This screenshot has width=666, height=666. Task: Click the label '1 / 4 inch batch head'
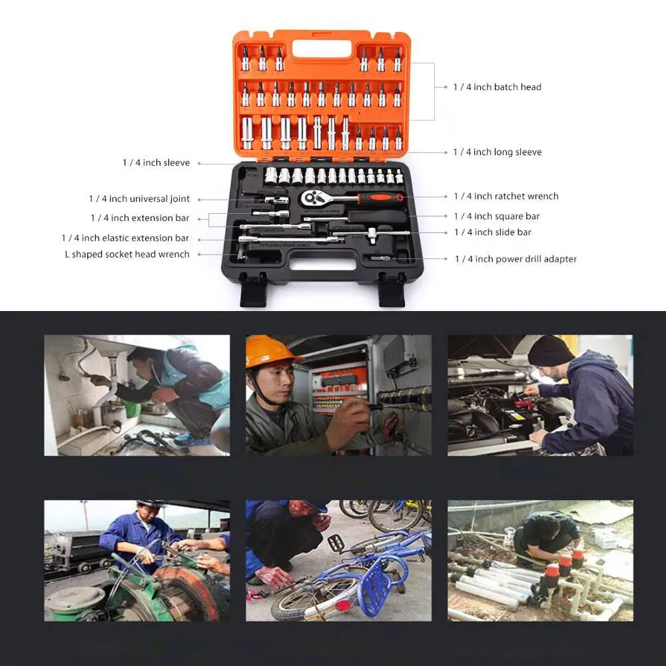coord(497,87)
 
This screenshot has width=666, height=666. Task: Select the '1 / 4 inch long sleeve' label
coord(497,153)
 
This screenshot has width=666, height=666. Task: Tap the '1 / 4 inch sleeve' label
coord(156,163)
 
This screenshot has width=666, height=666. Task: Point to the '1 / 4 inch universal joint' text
coord(139,199)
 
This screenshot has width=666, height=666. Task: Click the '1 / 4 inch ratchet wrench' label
coord(505,196)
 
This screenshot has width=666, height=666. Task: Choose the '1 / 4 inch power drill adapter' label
coord(515,259)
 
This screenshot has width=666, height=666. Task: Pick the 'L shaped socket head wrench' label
coord(127,254)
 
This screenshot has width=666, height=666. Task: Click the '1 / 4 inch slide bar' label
coord(492,232)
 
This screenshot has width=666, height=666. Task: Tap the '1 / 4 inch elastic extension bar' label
coord(125,238)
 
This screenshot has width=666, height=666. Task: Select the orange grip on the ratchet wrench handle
coord(380,198)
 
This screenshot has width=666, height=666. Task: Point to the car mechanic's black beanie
coord(550,350)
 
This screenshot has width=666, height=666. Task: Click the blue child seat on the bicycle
coord(377,585)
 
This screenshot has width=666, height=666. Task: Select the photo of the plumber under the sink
coord(137,395)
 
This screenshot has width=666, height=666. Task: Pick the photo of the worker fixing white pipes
coord(540,561)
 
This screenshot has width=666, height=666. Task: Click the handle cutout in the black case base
coord(322,264)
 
